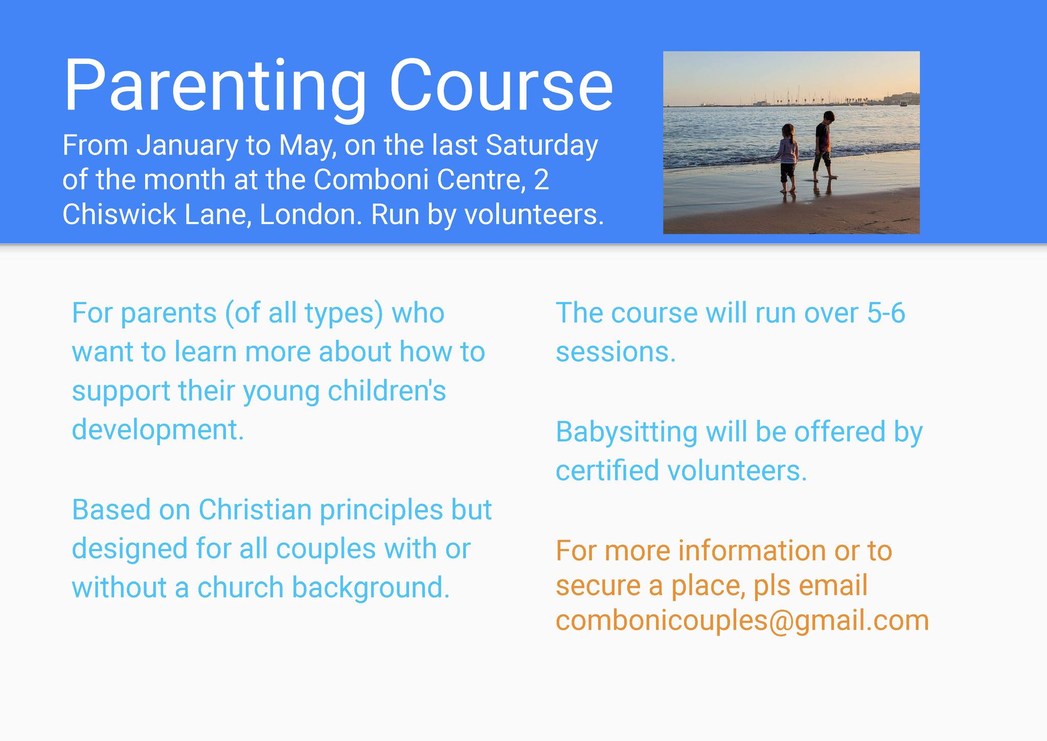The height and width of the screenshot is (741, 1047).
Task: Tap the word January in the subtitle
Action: click(188, 146)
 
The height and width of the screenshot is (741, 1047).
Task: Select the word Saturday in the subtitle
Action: click(541, 145)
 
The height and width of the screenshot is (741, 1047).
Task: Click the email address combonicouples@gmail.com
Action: click(742, 621)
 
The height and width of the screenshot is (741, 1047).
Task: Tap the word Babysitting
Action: click(627, 433)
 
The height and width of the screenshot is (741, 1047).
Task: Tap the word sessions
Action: click(616, 353)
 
